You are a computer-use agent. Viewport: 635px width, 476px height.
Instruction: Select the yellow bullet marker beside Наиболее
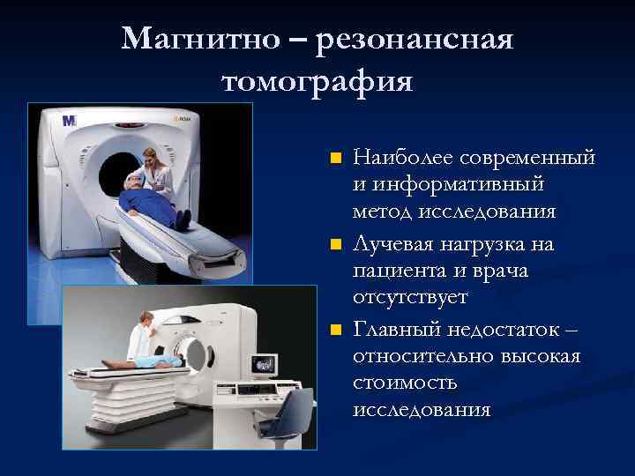[334, 160]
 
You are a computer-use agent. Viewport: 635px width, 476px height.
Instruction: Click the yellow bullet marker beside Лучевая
[334, 243]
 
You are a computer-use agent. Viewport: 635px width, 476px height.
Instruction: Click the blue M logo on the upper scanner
[70, 120]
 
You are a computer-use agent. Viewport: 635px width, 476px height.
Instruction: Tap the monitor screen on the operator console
[263, 364]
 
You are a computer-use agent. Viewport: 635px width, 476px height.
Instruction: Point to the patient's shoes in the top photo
[185, 219]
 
